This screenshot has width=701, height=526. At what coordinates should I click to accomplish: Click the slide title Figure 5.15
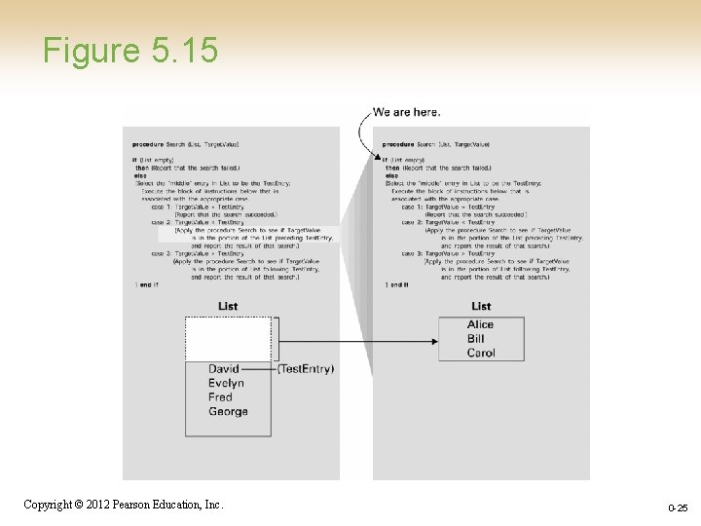tap(129, 50)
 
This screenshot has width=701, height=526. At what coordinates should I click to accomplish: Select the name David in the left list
tap(224, 369)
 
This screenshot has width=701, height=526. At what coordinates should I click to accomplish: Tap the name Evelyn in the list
tap(226, 384)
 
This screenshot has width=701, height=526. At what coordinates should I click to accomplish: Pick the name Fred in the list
tap(220, 397)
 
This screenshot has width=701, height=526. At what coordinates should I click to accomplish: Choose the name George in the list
tap(228, 412)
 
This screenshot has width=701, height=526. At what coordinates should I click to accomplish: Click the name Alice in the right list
tap(480, 324)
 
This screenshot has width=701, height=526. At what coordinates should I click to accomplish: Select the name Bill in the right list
tap(476, 339)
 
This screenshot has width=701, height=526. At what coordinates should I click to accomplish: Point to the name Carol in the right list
tap(481, 353)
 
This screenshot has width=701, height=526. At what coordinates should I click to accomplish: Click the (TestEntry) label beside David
tap(305, 369)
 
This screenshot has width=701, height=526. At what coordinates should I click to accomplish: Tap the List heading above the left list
tap(228, 306)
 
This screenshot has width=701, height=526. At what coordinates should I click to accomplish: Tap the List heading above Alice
tap(481, 306)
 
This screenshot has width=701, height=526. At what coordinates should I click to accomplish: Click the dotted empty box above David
tap(229, 339)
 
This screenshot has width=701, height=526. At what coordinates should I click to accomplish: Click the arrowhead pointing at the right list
tap(431, 340)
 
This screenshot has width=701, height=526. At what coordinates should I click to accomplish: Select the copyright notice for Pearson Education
tap(123, 505)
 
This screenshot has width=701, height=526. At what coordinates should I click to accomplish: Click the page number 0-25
tap(678, 508)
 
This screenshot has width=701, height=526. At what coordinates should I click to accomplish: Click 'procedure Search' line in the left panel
tap(186, 144)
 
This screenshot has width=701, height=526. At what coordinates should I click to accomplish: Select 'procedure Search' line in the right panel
tap(436, 144)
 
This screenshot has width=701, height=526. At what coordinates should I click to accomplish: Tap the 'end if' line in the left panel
tap(149, 284)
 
